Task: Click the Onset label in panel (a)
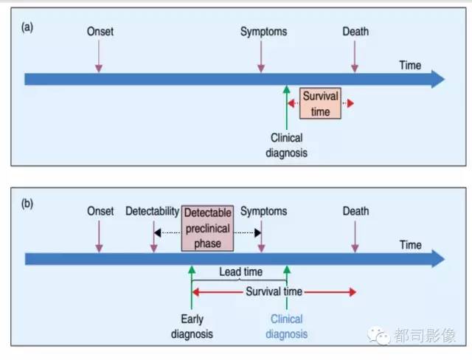point(100,32)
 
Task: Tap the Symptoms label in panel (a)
point(264,32)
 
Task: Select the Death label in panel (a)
point(355,31)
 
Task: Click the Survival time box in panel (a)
point(320,103)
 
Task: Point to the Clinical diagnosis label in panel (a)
point(287,145)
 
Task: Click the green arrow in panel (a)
point(287,108)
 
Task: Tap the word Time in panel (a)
point(410,66)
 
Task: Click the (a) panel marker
point(27,27)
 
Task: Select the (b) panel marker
point(27,204)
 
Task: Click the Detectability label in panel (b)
point(153,212)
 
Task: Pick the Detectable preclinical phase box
point(207,228)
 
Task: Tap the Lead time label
point(241,271)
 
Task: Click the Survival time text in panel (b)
point(274,291)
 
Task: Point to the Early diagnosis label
point(192,327)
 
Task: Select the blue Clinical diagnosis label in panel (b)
point(287,327)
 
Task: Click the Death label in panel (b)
point(355,211)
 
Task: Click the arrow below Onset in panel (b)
point(99,236)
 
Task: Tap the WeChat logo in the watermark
point(378,336)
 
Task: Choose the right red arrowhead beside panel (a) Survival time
point(350,103)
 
